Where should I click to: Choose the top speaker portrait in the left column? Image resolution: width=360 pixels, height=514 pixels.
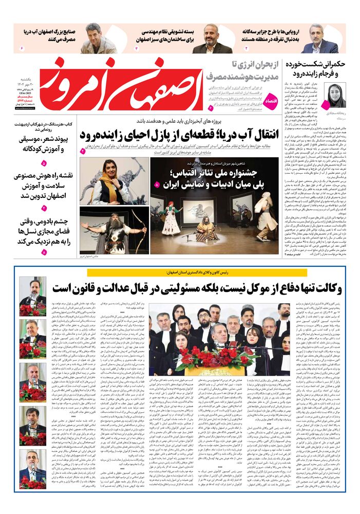(x=32, y=296)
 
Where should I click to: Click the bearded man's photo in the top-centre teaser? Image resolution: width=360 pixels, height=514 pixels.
(x=212, y=39)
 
